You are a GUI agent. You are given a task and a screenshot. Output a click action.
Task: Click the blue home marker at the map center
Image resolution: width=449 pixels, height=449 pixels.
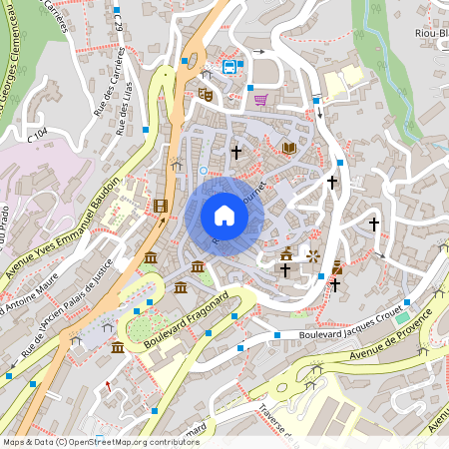[x=224, y=216]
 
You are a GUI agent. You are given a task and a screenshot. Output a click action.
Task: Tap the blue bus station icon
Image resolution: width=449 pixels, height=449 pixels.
[x=230, y=67]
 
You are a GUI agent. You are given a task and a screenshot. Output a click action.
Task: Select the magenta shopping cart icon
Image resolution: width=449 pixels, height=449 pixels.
[x=260, y=99]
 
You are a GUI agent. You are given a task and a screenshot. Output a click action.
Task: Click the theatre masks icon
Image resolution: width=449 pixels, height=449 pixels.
[x=207, y=94]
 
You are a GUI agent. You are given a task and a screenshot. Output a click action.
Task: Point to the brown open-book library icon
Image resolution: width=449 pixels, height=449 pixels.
[x=289, y=148]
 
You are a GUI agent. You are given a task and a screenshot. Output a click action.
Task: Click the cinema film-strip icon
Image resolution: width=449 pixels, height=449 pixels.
[x=161, y=207]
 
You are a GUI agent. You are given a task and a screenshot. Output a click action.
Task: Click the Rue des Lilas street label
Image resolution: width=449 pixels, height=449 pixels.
[x=127, y=107]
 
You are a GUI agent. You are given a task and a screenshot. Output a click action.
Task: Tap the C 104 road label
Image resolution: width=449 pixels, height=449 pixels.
[x=38, y=131]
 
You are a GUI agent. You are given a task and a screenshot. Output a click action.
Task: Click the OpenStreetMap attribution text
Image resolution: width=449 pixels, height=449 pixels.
[x=100, y=441]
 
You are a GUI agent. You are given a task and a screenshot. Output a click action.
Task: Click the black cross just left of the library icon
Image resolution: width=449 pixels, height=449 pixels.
[x=236, y=153]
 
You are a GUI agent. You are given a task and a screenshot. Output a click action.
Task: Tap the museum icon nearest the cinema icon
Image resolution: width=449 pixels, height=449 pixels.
[x=150, y=258]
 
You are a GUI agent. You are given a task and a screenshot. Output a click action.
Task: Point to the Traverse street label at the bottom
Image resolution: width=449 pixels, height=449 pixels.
[x=274, y=425]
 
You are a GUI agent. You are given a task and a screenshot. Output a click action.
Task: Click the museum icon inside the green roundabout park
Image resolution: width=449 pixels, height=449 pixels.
[x=118, y=346]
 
